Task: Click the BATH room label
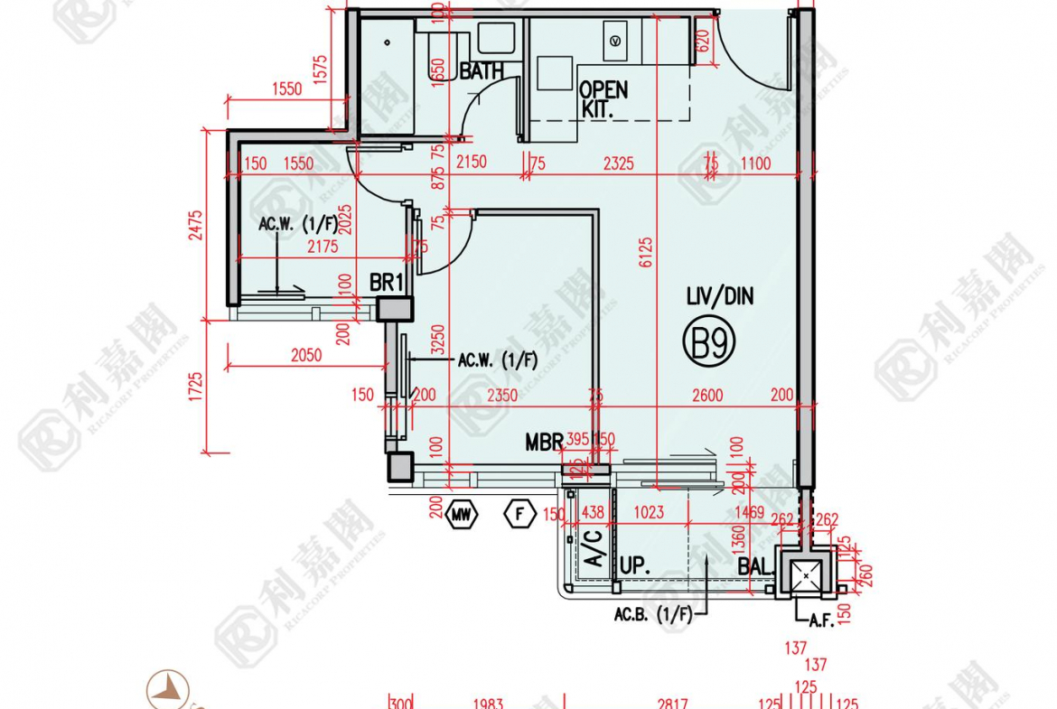482,71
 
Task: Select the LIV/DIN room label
719,296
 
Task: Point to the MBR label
544,443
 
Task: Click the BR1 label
386,283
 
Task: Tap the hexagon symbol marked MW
462,516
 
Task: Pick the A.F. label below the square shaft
820,620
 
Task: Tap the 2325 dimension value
618,163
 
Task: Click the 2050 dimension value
306,356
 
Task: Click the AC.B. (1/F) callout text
652,615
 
